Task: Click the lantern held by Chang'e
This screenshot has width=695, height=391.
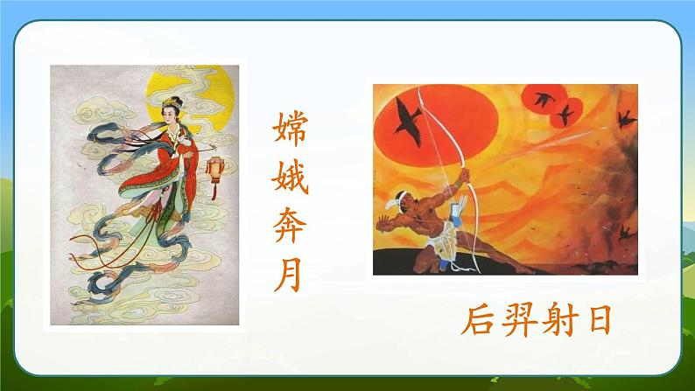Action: tap(215, 164)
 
